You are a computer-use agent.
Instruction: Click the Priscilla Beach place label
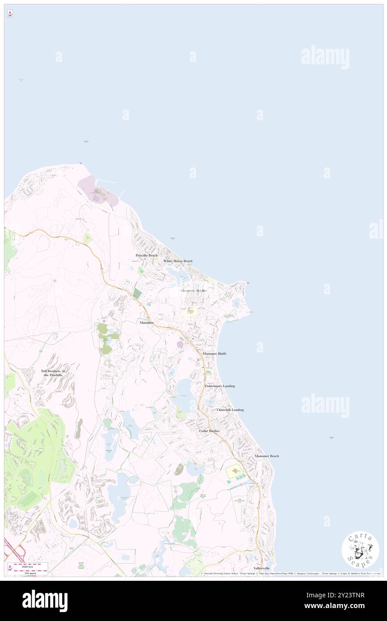coord(147,255)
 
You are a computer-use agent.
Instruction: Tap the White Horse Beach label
coord(178,261)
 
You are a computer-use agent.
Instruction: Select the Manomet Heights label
coord(193,290)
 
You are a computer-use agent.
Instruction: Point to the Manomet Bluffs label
coord(215,353)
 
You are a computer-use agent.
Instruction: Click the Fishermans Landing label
coord(220,386)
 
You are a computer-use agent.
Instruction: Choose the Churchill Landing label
coord(230,410)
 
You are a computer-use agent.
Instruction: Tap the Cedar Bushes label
coord(209,431)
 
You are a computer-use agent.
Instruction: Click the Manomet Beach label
coord(267,456)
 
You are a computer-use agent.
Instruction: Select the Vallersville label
coord(262,568)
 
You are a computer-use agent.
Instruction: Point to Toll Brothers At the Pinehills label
coord(53,373)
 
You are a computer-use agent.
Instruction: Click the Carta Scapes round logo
coord(360,550)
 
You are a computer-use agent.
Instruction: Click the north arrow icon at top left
coord(10,14)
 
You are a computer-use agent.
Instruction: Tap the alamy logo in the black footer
coord(45,600)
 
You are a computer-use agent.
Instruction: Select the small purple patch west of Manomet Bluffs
coord(180,344)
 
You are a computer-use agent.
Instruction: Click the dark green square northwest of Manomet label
coord(137,293)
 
